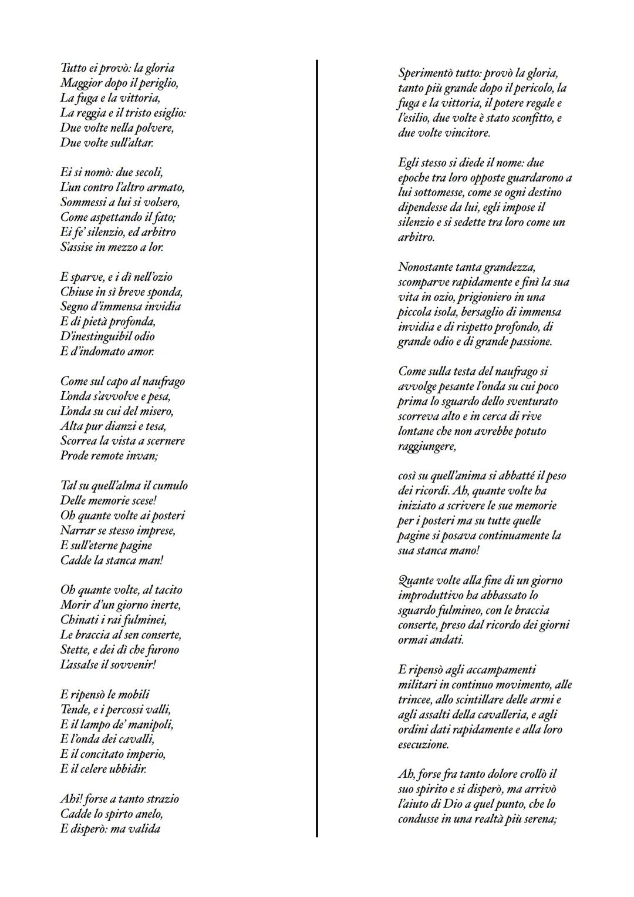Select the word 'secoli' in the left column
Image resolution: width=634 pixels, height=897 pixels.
[143, 172]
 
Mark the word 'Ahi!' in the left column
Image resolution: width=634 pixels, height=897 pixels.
[71, 799]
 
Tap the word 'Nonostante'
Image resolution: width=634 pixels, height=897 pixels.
[426, 267]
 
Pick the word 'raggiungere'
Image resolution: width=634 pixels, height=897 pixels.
[426, 446]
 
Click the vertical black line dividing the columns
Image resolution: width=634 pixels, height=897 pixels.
[317, 446]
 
